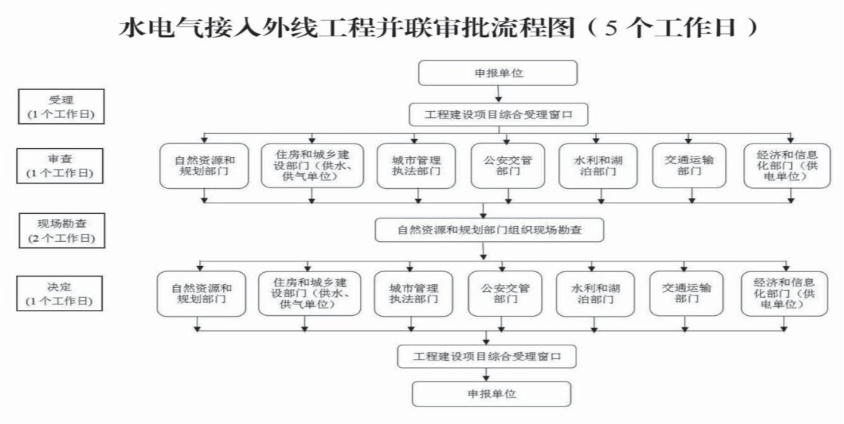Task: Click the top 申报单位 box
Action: (x=498, y=73)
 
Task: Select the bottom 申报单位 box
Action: (x=492, y=394)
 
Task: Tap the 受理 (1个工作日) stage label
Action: (x=61, y=107)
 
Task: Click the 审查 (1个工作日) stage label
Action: (x=61, y=166)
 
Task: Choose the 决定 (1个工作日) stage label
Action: (x=61, y=293)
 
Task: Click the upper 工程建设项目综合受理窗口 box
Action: (x=498, y=114)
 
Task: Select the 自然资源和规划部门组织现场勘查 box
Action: (x=489, y=230)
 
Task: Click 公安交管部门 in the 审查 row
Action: (x=507, y=166)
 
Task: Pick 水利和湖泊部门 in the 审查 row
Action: (x=598, y=166)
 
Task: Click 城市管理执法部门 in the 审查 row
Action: (x=416, y=166)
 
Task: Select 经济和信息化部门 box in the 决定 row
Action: (x=784, y=293)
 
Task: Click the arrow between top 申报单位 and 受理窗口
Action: (x=498, y=94)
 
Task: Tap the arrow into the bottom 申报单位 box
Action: (x=492, y=375)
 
